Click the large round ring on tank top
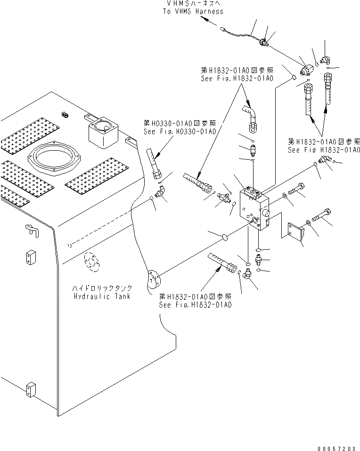[54, 156]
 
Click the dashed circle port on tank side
[92, 263]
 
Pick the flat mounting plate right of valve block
[296, 233]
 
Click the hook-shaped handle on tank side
[31, 230]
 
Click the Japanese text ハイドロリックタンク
[102, 288]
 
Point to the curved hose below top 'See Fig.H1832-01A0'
[250, 116]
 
